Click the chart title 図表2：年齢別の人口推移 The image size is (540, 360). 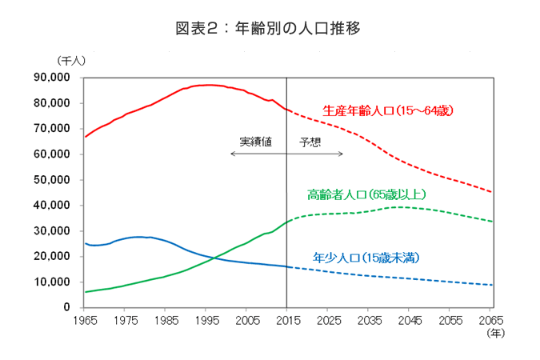(269, 29)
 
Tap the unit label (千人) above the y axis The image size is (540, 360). (71, 60)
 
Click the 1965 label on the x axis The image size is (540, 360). (86, 320)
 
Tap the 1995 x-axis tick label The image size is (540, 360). (207, 320)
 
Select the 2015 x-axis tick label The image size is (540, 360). (288, 320)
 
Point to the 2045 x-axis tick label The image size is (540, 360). (410, 320)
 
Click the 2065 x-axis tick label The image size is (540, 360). (491, 320)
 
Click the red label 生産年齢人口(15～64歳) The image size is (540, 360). (388, 110)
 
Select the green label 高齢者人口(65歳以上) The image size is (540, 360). (367, 194)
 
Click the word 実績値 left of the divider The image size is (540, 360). (255, 142)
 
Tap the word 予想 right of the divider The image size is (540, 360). (310, 142)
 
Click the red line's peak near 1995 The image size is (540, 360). (207, 85)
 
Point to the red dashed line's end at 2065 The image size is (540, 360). (491, 192)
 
